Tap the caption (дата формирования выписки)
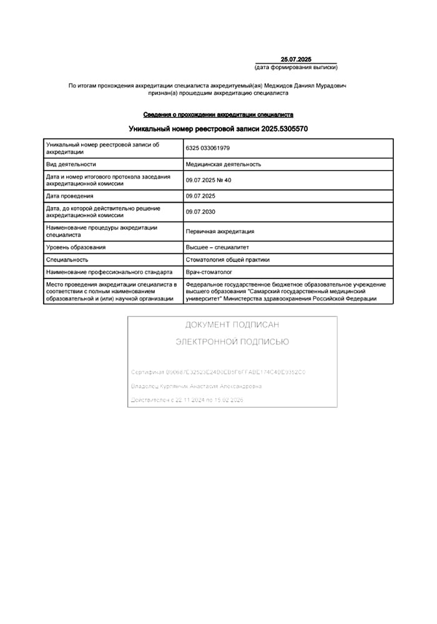click(296, 67)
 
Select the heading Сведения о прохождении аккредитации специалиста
click(218, 115)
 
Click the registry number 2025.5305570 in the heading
click(280, 129)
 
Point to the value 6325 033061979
click(208, 148)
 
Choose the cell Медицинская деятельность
click(223, 164)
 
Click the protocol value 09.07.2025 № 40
click(209, 180)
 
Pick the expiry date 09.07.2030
click(200, 212)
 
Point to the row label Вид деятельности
click(71, 164)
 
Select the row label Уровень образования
click(76, 247)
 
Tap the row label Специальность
click(67, 260)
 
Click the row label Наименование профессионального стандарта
click(109, 272)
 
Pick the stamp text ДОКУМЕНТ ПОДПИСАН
click(232, 325)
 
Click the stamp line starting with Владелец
click(196, 386)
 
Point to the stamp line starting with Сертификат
click(218, 373)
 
